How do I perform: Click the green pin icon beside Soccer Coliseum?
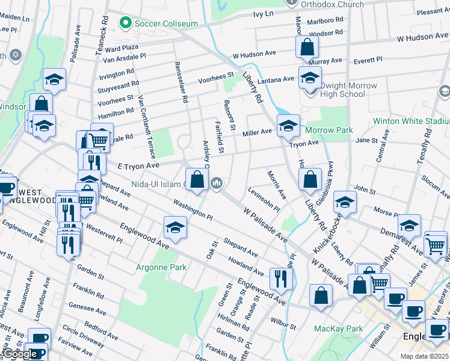(126, 23)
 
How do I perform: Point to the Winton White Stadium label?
(411, 121)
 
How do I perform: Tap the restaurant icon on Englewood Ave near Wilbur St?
(281, 278)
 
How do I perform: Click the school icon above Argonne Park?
(175, 227)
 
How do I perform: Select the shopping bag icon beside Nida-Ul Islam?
(197, 179)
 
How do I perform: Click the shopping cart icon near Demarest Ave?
(435, 244)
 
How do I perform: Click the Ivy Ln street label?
(263, 13)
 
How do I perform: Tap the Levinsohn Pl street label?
(264, 199)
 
